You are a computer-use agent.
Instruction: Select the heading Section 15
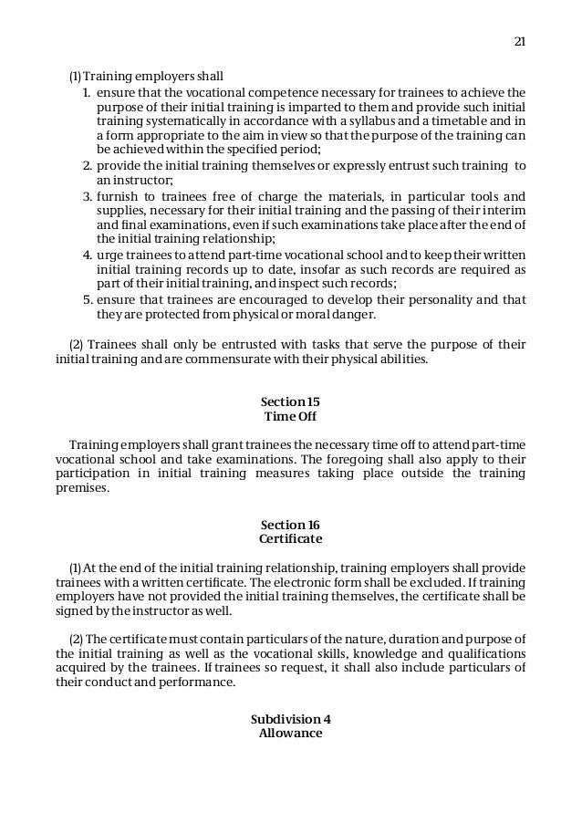(290, 402)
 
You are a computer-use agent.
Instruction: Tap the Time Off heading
(290, 417)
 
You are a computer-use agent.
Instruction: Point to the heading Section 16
(290, 525)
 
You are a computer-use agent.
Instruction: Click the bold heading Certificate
(290, 539)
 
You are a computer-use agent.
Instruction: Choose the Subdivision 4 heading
(290, 718)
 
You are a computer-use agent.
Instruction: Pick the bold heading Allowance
(290, 733)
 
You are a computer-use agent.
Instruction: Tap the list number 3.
(87, 196)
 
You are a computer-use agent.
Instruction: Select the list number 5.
(87, 298)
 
